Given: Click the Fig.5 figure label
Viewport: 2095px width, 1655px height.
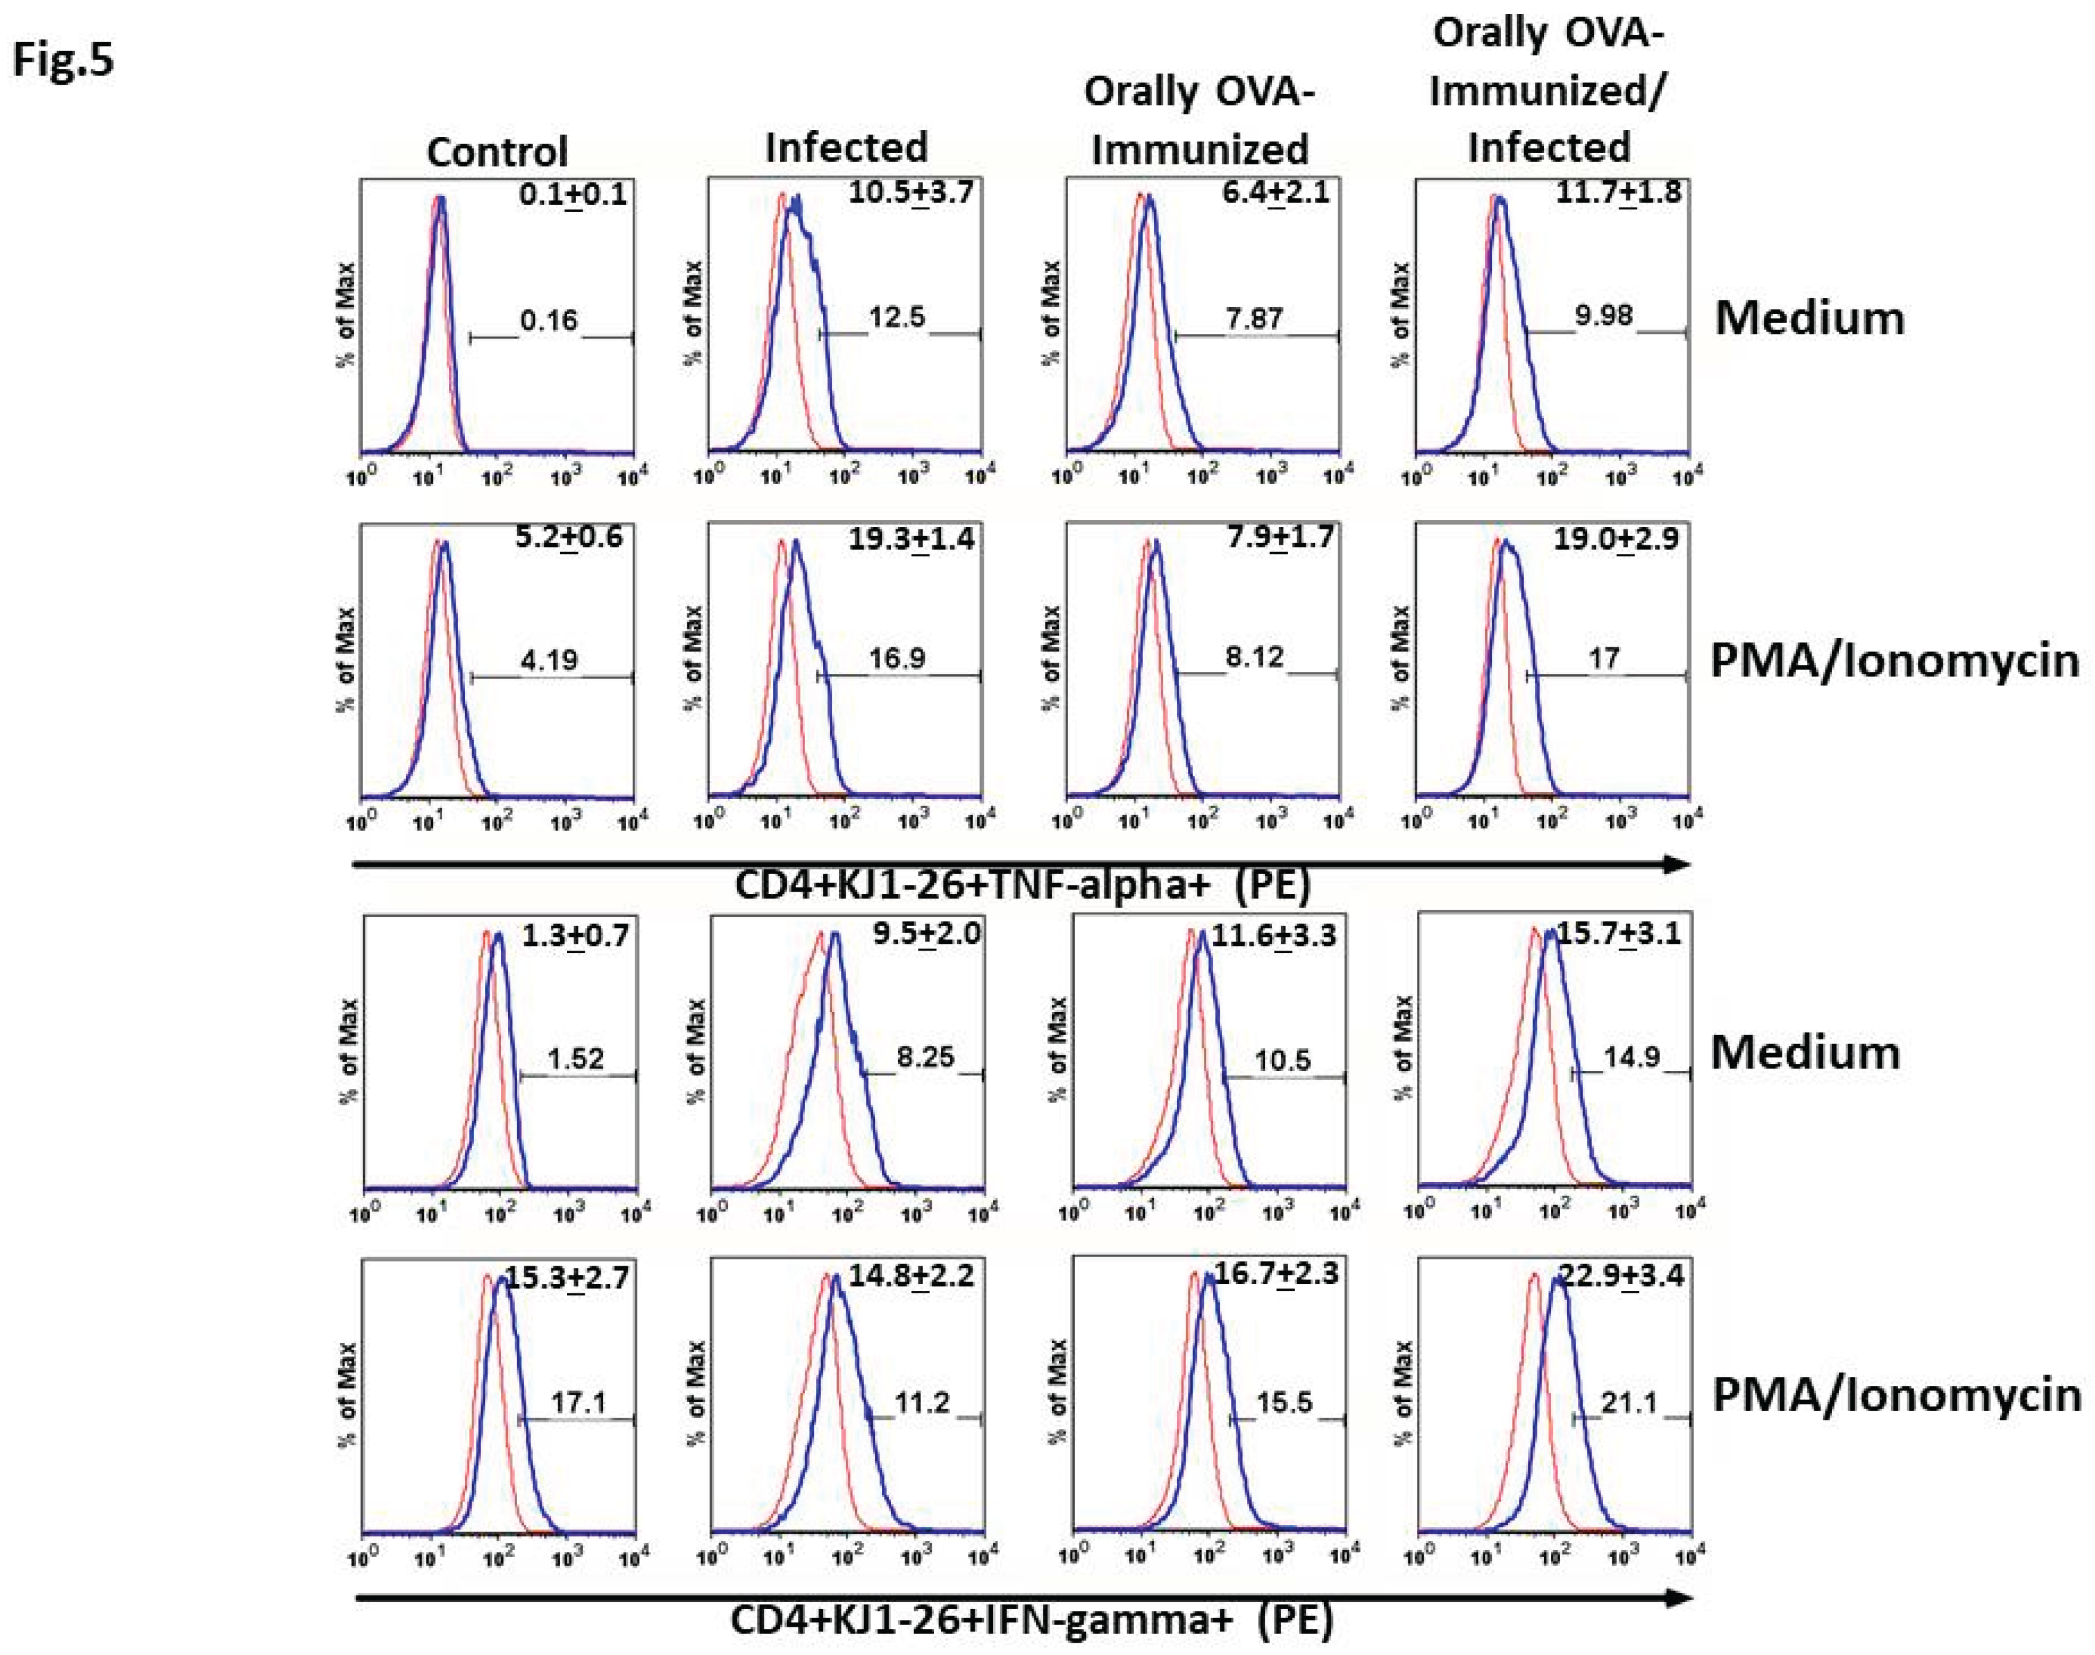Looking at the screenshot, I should tap(63, 60).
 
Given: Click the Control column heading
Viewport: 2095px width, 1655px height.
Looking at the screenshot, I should tap(496, 152).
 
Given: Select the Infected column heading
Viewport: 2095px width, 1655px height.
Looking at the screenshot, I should tap(846, 147).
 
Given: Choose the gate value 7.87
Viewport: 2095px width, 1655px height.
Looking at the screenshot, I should tap(1254, 318).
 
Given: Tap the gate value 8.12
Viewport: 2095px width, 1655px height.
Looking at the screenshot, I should tap(1254, 658).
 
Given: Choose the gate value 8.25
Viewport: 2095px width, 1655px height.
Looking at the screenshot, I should tap(924, 1057).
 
